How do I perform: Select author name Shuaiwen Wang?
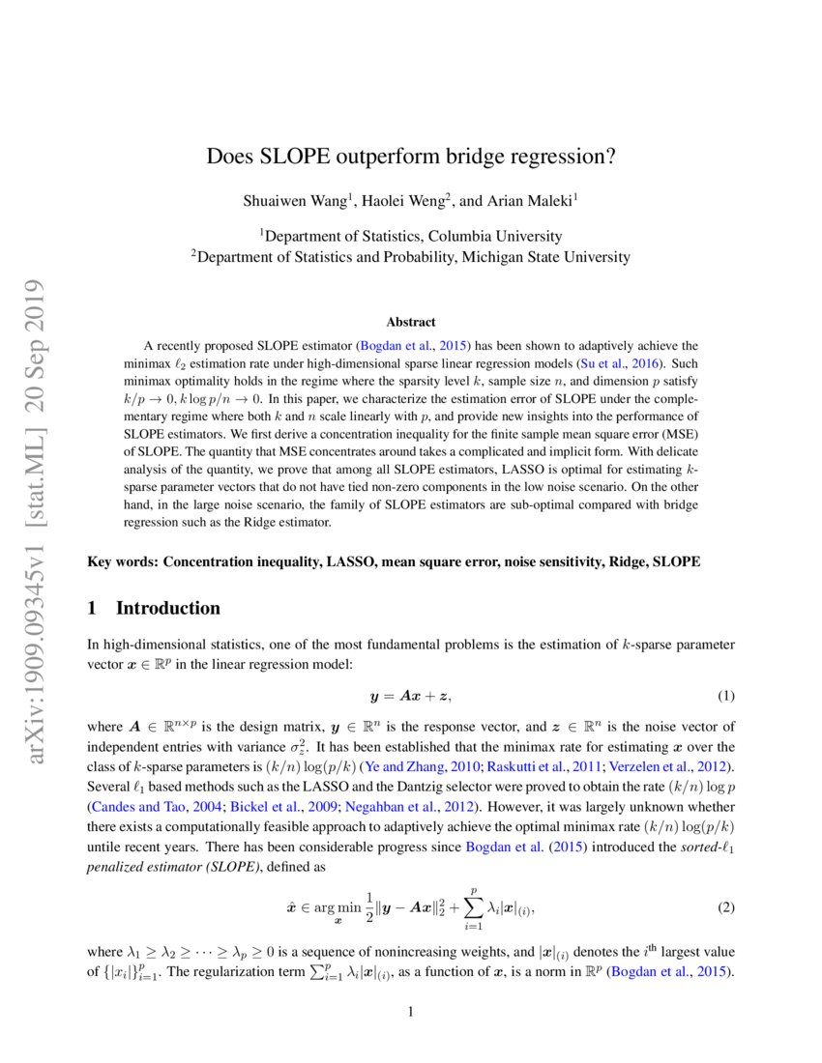[300, 201]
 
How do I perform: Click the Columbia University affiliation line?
[411, 236]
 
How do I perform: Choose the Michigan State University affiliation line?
[411, 257]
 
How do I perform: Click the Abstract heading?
[411, 322]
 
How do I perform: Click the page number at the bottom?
[411, 1013]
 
